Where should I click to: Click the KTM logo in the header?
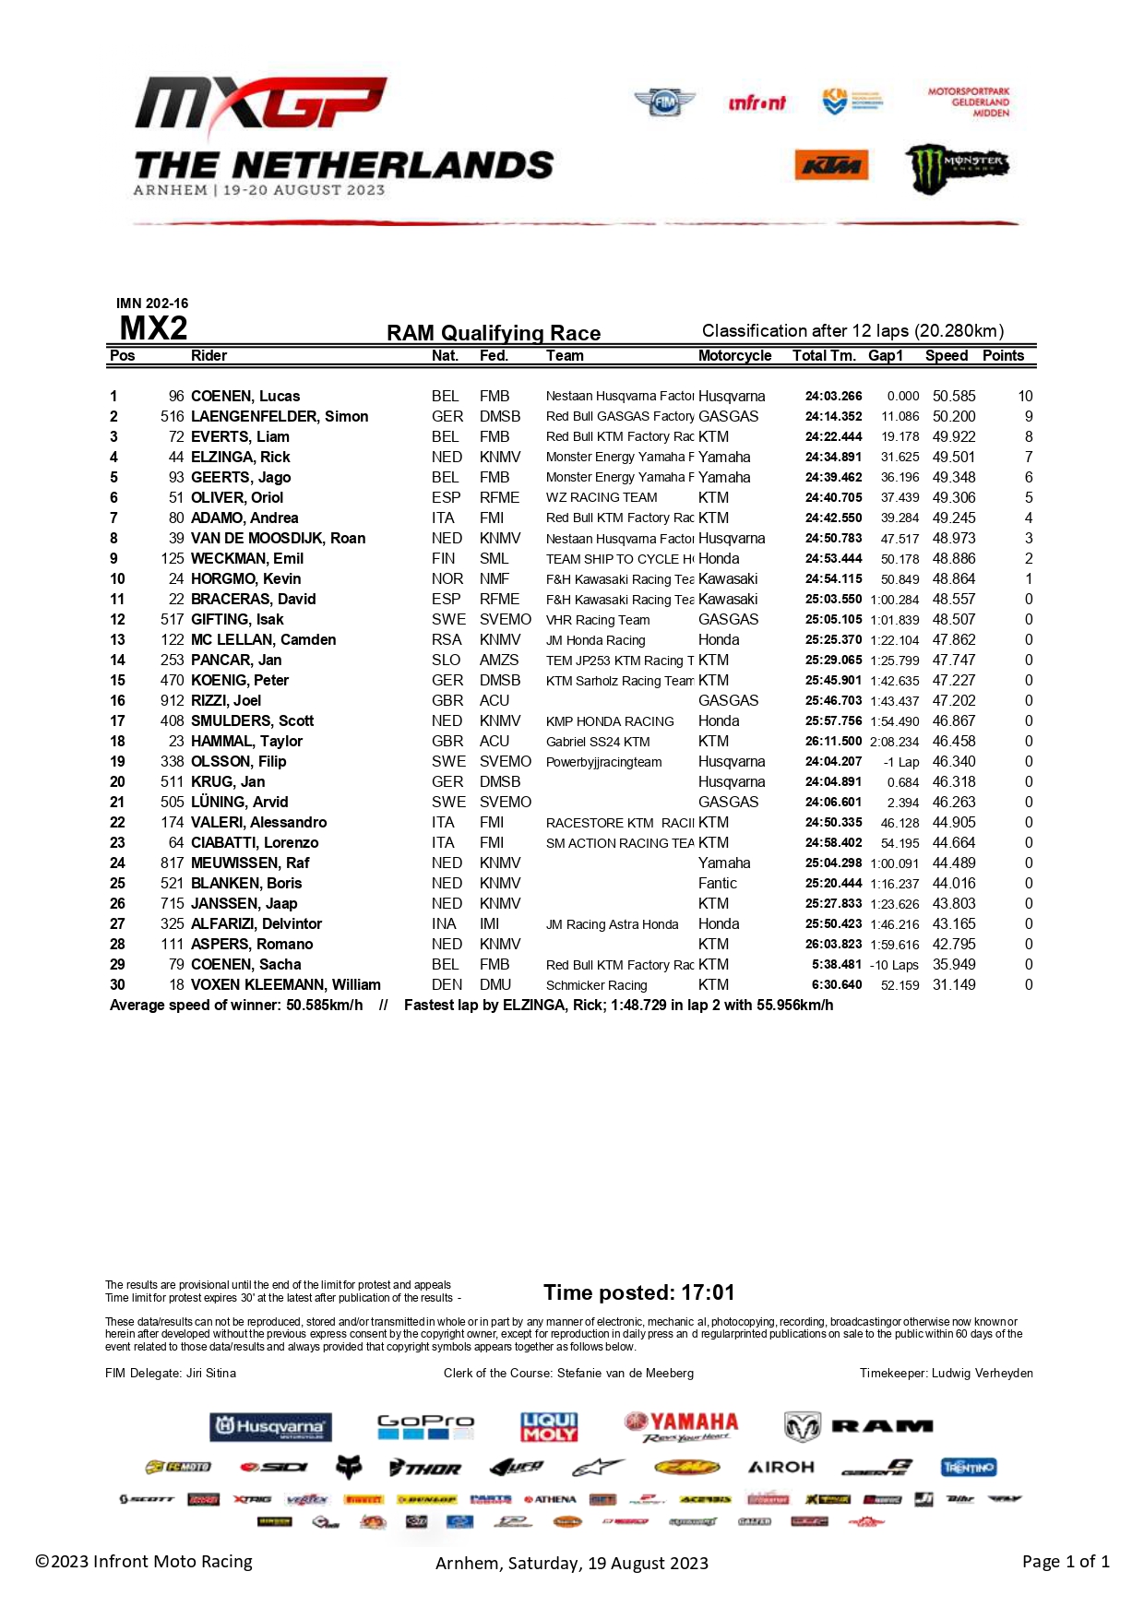tap(831, 165)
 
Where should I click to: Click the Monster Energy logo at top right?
tap(957, 168)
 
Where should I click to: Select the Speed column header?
tap(947, 356)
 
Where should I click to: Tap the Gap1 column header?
tap(886, 356)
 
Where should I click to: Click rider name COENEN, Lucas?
tap(245, 397)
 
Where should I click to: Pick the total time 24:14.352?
tap(833, 417)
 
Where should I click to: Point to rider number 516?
tap(172, 417)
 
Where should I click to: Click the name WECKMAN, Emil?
tap(247, 559)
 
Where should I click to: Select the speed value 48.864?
tap(954, 579)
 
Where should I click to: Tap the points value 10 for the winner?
tap(1025, 397)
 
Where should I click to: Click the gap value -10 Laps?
tap(894, 965)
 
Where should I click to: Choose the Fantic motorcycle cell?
tap(718, 884)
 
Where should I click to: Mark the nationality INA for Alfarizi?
tap(444, 924)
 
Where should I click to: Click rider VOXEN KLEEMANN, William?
tap(285, 985)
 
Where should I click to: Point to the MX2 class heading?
tap(153, 328)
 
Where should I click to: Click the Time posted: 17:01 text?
tap(638, 1292)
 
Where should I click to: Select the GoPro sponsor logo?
tap(425, 1427)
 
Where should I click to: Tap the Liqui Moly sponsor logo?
tap(549, 1427)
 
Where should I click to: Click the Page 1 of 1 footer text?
tap(1066, 1562)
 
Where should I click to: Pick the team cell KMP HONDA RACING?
tap(610, 721)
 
